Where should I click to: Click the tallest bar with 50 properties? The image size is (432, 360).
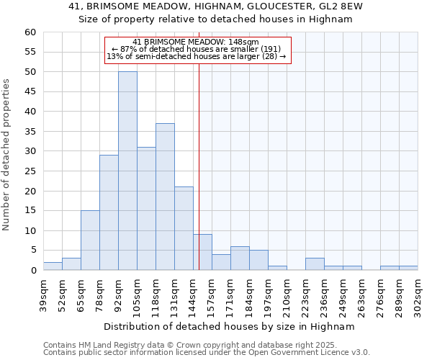point(127,171)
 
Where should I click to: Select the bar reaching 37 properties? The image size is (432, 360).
point(165,197)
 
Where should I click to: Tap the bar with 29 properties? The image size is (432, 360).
point(109,212)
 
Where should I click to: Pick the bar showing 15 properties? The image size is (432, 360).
point(90,240)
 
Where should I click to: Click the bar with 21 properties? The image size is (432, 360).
point(184,228)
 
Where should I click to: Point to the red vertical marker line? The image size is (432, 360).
point(199,158)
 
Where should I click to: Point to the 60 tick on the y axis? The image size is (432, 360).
point(30,32)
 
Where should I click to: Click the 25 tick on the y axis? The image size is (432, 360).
point(30,171)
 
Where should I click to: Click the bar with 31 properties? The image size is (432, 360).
point(146,209)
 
